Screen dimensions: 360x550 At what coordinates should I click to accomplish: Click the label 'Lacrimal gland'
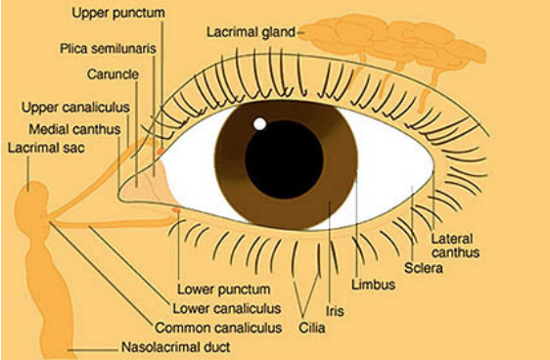tap(251, 31)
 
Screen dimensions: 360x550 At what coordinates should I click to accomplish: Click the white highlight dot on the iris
tap(260, 123)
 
